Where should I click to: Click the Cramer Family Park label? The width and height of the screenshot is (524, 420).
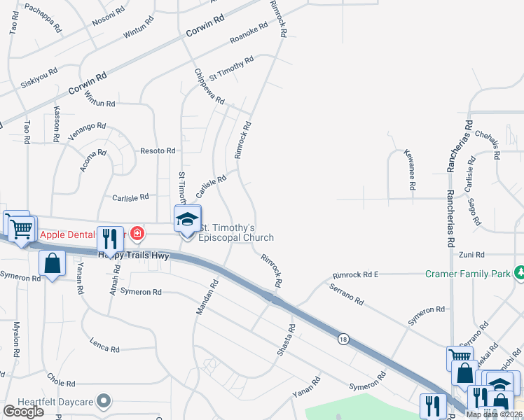[468, 274]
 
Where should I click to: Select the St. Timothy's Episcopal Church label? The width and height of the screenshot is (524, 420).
[237, 233]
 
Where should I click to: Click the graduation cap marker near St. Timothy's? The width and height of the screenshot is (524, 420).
[187, 219]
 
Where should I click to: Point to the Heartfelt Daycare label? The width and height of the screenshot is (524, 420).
[52, 401]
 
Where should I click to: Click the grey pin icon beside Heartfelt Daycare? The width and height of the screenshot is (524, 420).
[104, 401]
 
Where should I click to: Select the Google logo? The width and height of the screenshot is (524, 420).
[23, 412]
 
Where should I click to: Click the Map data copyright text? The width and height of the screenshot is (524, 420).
[495, 414]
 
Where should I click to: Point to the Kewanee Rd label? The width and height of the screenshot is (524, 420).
[409, 170]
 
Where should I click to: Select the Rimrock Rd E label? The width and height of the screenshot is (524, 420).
[356, 275]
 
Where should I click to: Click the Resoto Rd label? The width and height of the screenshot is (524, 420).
[158, 150]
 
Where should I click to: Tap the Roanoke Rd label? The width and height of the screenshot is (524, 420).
[249, 34]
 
